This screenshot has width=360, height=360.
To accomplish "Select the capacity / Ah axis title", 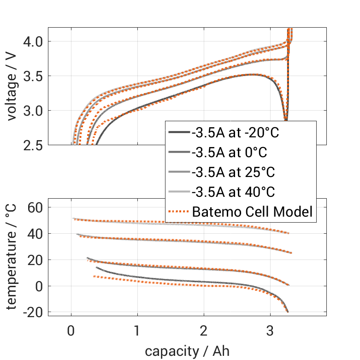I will (187, 351).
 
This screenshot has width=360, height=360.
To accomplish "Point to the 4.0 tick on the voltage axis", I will (33, 41).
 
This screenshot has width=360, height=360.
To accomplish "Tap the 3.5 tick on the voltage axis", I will (33, 76).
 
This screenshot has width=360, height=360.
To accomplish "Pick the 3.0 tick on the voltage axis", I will (33, 111).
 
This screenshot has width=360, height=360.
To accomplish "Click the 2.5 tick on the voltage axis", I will (33, 145).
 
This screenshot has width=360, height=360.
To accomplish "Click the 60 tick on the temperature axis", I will (34, 207).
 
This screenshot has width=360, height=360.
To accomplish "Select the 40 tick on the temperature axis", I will (34, 234).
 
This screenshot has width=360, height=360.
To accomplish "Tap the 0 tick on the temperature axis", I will (39, 286).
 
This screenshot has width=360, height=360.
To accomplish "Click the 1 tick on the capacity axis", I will (137, 331).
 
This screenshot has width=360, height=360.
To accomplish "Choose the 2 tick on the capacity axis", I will (204, 331).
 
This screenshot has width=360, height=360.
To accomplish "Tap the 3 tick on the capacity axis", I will (270, 331).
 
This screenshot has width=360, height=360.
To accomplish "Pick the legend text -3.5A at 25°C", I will (233, 172).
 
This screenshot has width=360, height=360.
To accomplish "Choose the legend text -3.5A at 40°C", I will (233, 192).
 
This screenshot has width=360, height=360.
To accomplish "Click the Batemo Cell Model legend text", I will (252, 212).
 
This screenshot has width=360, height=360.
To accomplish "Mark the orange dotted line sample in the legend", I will (178, 212).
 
